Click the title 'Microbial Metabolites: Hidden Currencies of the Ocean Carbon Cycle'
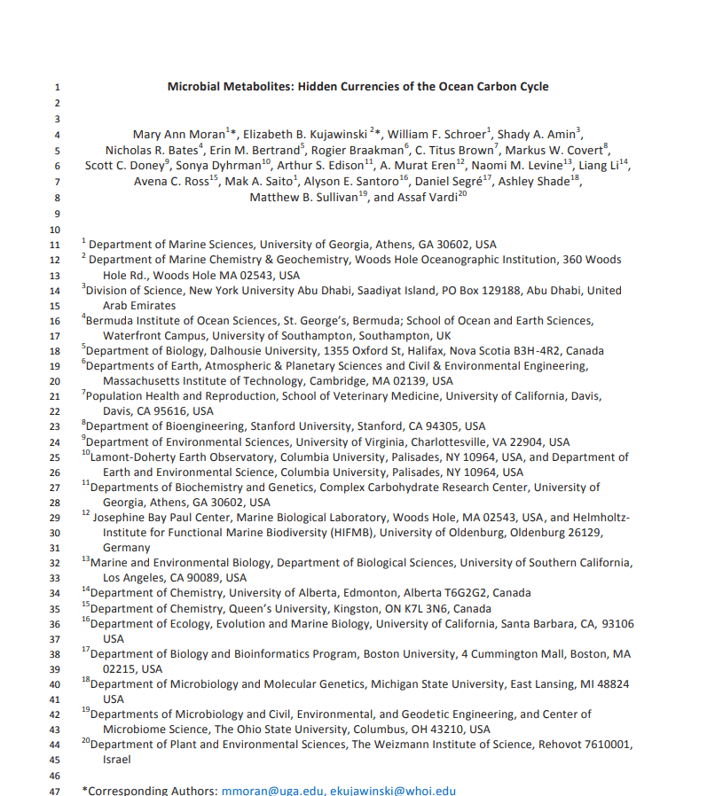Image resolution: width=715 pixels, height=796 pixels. pyautogui.click(x=357, y=87)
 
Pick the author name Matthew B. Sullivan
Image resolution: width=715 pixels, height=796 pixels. pyautogui.click(x=307, y=198)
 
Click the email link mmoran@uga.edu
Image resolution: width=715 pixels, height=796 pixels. pyautogui.click(x=272, y=790)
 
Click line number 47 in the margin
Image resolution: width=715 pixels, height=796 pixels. pyautogui.click(x=56, y=790)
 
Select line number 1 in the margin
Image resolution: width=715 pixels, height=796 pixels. pyautogui.click(x=57, y=87)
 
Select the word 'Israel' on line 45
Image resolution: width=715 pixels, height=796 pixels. pyautogui.click(x=116, y=760)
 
